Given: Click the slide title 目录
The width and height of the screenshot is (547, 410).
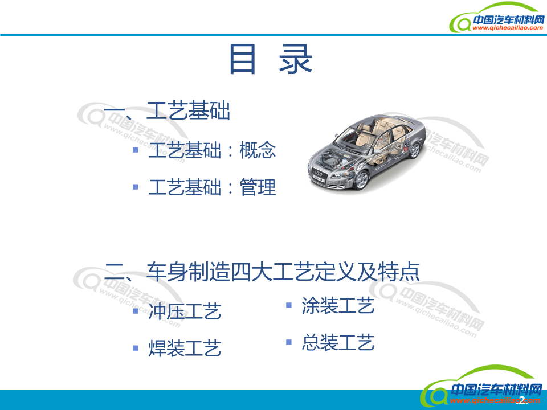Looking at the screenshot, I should (x=271, y=59).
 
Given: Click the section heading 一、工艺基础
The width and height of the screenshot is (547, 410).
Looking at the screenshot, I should (x=167, y=111).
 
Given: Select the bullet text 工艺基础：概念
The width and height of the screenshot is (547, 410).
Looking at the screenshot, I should (x=212, y=151).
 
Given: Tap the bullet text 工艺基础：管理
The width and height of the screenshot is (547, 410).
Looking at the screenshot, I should (x=212, y=187).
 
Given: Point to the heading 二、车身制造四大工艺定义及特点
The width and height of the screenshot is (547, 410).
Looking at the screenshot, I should (x=262, y=272).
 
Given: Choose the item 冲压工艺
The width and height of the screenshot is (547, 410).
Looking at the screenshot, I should (x=185, y=311).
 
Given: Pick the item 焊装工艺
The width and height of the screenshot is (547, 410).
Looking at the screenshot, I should (x=185, y=348).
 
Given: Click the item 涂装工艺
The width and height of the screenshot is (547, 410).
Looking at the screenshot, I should (x=338, y=306).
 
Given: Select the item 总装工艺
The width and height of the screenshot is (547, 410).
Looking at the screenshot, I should (x=338, y=342).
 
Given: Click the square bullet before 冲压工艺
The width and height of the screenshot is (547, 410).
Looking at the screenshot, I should (x=136, y=311).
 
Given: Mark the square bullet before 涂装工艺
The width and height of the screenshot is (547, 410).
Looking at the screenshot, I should (x=289, y=305).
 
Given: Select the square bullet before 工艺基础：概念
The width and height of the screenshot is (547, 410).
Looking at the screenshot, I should (x=136, y=150).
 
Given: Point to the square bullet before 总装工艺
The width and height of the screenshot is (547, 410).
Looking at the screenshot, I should (x=289, y=342).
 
